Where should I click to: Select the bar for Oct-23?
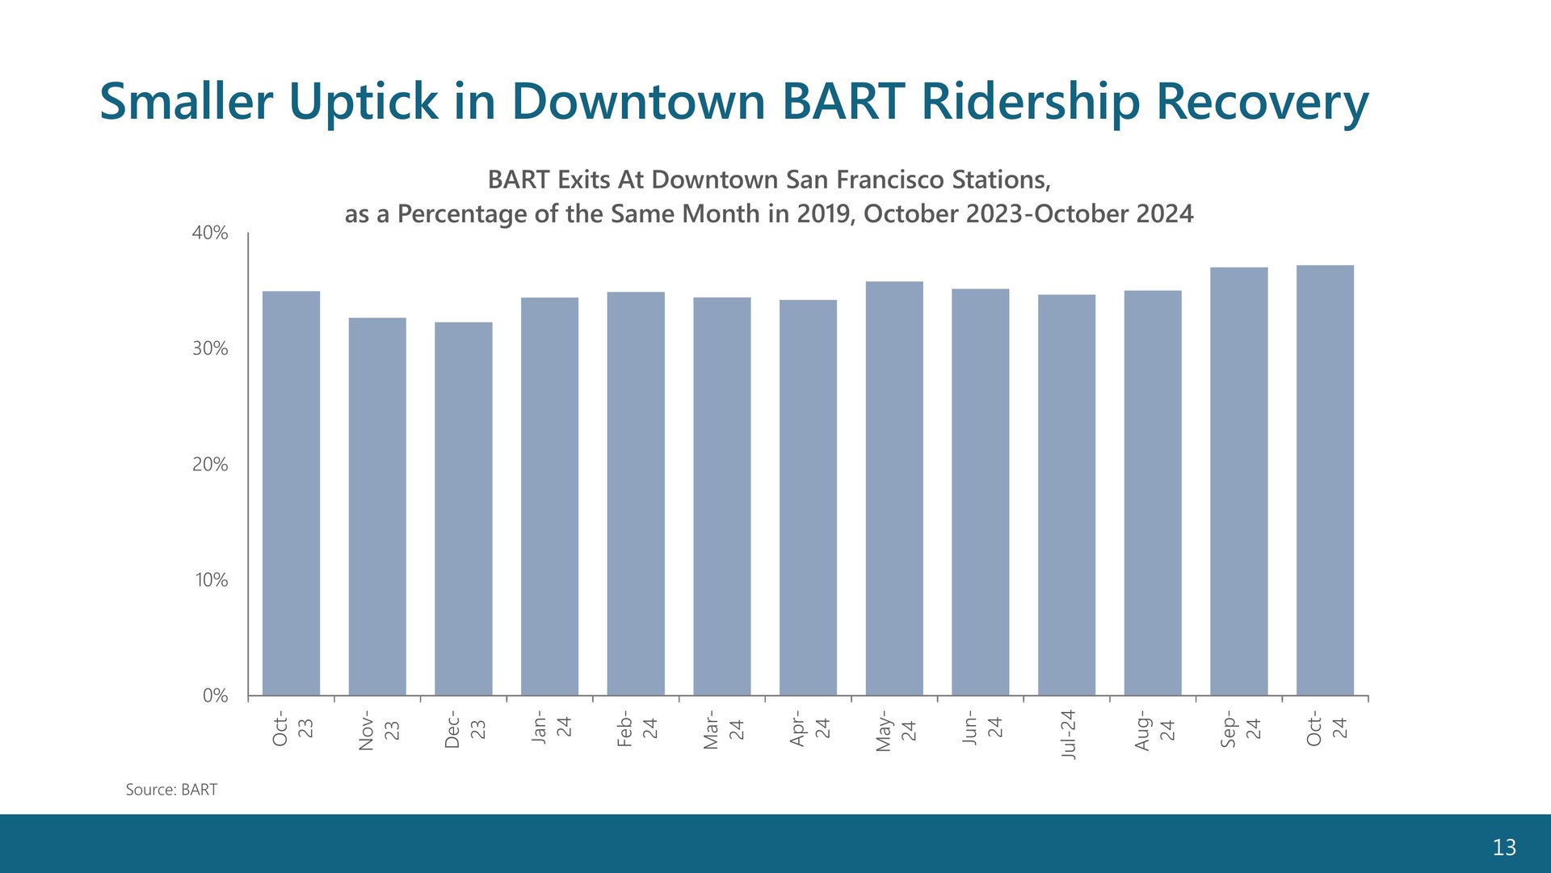pos(291,493)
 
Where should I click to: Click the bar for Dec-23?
pos(464,508)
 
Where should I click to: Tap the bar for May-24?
pos(894,488)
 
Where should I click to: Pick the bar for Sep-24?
pos(1239,481)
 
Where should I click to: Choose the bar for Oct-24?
pos(1325,480)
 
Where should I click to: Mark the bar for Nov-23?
pos(377,506)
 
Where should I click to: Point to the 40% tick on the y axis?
pos(210,233)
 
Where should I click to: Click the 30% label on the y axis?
pos(210,348)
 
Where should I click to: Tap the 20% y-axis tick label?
pos(210,464)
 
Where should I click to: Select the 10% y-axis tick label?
pos(212,580)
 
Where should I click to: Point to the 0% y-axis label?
pos(216,695)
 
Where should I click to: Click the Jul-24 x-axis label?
pos(1068,734)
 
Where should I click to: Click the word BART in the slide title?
pos(843,101)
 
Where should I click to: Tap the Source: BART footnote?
pos(171,790)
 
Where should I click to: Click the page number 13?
pos(1504,847)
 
